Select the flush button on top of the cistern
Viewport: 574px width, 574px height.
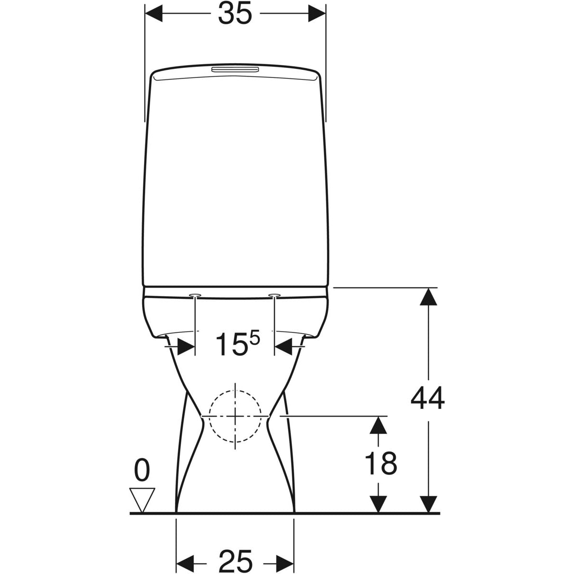tap(235, 70)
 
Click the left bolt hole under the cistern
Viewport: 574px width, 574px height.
tap(195, 295)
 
